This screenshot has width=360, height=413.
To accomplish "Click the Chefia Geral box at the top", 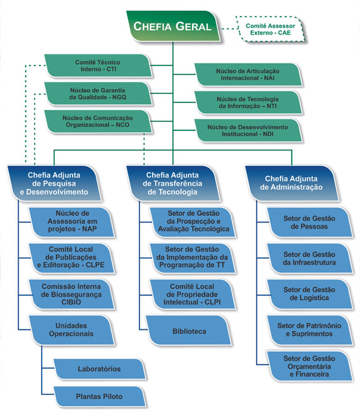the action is point(173,26).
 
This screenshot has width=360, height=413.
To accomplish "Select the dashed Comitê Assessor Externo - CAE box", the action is point(270,29).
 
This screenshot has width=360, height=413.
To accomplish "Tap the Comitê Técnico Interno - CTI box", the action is point(98,65).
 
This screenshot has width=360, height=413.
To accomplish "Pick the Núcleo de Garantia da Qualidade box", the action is point(98,94).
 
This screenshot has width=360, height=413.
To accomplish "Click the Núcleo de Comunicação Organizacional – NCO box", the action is point(98,121).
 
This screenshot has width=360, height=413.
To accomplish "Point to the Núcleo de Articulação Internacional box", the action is point(248,75).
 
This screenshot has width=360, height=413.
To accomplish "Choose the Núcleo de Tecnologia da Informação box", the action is point(248,102).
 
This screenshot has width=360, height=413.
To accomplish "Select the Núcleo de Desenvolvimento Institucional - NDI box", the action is point(248,130).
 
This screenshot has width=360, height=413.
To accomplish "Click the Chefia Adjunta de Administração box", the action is point(292,183).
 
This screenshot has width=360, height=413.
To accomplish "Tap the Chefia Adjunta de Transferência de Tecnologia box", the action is point(173,183).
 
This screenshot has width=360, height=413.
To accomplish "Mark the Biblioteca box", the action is point(189,330).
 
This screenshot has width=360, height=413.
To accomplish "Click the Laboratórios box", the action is point(99,369).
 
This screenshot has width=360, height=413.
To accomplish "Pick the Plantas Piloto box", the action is point(99,397).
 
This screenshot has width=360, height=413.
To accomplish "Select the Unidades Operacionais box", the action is point(72,330).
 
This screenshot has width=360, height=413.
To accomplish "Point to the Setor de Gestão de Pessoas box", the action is point(310,223).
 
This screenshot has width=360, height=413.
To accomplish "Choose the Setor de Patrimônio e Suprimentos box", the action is point(310,330).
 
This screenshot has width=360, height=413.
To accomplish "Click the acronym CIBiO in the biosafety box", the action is point(71,302).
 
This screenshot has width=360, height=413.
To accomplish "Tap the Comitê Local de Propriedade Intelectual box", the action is point(193,294).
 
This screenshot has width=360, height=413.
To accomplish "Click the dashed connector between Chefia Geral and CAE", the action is point(228,29).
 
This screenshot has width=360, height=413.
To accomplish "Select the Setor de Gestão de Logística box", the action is point(310,294).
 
